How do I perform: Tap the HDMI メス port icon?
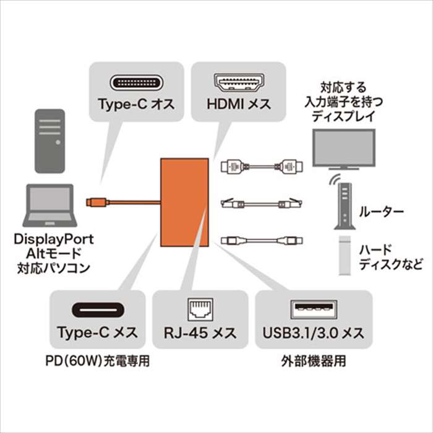tap(238, 82)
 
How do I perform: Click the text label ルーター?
tap(382, 213)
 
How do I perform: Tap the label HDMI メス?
tap(238, 104)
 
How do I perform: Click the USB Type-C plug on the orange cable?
tap(96, 201)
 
